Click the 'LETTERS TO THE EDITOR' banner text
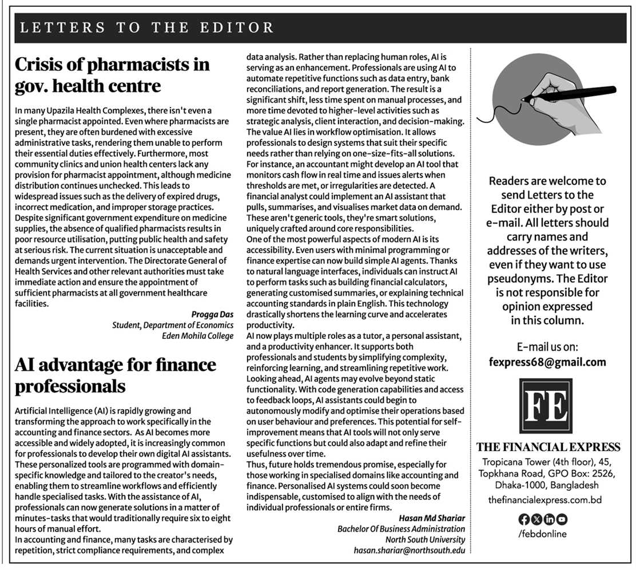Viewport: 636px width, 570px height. click(147, 27)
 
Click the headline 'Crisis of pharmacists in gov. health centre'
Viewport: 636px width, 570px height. click(113, 75)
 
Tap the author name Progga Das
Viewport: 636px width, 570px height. click(212, 314)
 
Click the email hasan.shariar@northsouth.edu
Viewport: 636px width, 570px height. click(410, 551)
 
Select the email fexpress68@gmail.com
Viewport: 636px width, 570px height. click(547, 362)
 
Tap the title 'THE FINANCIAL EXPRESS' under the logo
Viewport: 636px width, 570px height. click(548, 447)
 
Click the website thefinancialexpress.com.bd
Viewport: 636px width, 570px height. click(544, 500)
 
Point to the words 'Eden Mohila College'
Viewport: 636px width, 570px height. click(198, 336)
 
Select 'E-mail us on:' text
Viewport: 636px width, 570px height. click(547, 347)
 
